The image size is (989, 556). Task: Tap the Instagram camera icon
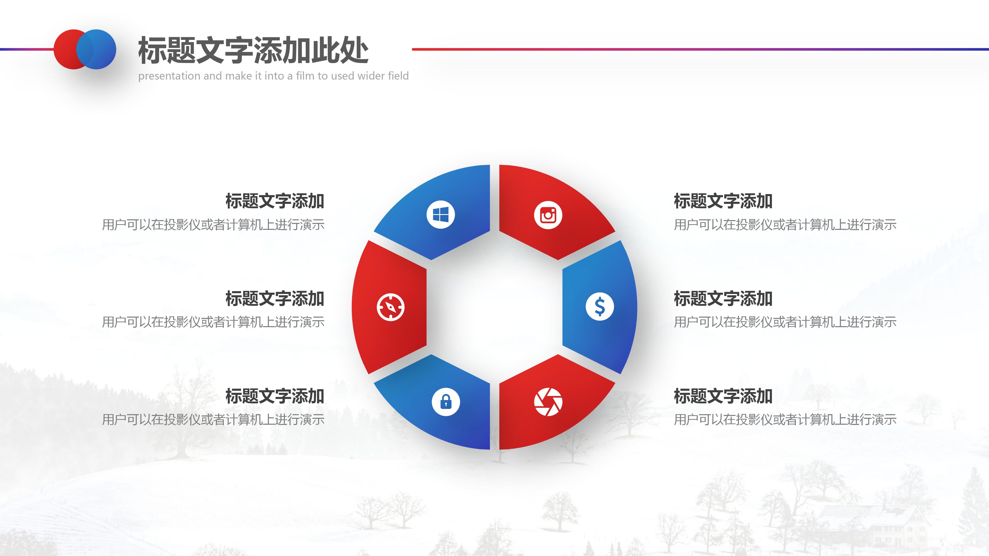click(x=548, y=215)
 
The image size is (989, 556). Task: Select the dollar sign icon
click(x=599, y=307)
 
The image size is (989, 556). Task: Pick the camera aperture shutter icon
click(x=548, y=402)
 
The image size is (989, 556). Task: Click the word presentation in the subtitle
click(x=169, y=76)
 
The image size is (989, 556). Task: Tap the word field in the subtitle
click(x=398, y=76)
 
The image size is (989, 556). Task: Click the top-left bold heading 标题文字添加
click(x=275, y=201)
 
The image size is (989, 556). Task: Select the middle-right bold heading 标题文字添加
click(x=723, y=299)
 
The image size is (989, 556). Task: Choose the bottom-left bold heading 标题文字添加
click(x=275, y=396)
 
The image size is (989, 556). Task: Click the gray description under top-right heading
click(x=785, y=225)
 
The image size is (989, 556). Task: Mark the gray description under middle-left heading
click(x=213, y=322)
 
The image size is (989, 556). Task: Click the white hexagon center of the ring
click(x=494, y=307)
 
